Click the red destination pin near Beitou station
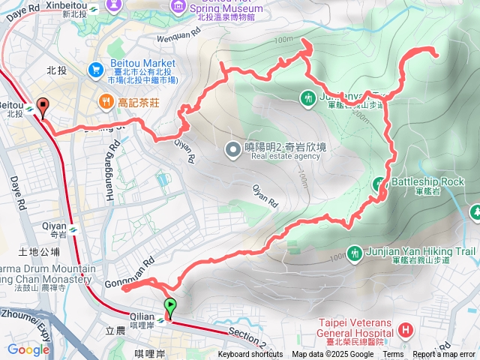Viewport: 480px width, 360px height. (42, 108)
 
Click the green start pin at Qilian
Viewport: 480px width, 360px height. (169, 307)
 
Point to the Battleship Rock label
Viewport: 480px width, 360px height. (428, 181)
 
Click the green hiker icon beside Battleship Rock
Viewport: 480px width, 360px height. (381, 183)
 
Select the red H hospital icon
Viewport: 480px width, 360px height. (406, 329)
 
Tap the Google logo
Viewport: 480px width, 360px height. (28, 349)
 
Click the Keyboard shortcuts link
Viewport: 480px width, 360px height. (250, 355)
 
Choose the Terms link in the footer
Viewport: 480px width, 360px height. (393, 355)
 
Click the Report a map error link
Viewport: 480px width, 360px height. (445, 355)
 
